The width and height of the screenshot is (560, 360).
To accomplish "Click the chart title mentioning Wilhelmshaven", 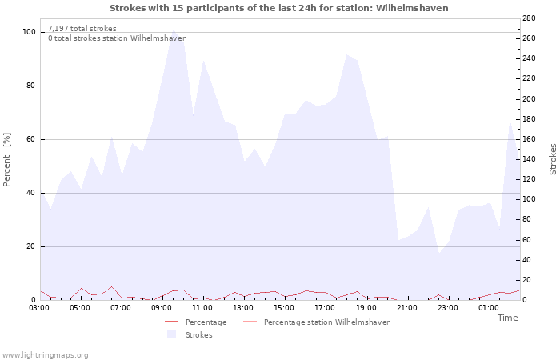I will click(278, 8).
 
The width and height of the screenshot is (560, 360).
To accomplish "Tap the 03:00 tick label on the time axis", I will click(40, 306).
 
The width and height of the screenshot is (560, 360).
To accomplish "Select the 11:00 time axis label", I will click(202, 306).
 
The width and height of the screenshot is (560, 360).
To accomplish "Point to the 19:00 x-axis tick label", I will click(366, 306).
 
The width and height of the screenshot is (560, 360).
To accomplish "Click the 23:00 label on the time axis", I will click(447, 306).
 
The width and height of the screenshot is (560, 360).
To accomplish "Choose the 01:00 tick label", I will click(488, 306).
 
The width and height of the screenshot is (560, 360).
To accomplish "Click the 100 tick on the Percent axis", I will click(29, 32).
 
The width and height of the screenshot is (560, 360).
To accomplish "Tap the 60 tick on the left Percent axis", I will click(31, 139).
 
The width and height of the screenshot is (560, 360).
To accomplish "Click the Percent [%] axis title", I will click(7, 160).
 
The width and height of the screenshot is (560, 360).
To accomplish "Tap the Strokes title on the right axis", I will click(553, 159).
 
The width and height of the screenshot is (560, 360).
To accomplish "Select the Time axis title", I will click(507, 318).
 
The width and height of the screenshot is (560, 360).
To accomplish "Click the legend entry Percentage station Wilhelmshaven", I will click(327, 322).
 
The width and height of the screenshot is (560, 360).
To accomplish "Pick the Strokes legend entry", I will click(198, 335).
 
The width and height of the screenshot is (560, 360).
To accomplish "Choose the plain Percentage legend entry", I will click(206, 322).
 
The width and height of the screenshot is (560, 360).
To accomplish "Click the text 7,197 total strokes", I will click(82, 29).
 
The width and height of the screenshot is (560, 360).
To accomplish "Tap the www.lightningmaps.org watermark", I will click(45, 354).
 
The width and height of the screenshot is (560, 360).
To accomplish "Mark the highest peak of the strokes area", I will click(173, 30).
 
